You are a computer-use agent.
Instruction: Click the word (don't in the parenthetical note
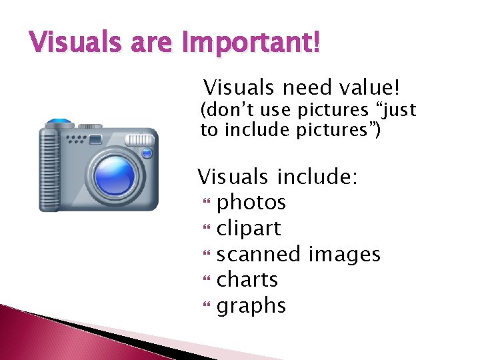click(x=224, y=109)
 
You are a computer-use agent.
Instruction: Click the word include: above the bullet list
click(x=318, y=177)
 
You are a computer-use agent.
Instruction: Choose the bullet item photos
click(x=251, y=202)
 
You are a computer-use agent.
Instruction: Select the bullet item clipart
click(x=249, y=228)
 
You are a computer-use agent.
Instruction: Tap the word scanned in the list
click(x=259, y=254)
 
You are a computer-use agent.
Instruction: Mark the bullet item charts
click(x=247, y=279)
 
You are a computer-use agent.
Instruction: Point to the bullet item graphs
click(x=251, y=306)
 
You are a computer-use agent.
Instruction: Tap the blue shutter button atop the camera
click(x=59, y=122)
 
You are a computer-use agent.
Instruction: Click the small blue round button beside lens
click(x=147, y=153)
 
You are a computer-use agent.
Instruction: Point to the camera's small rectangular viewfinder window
click(x=95, y=139)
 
